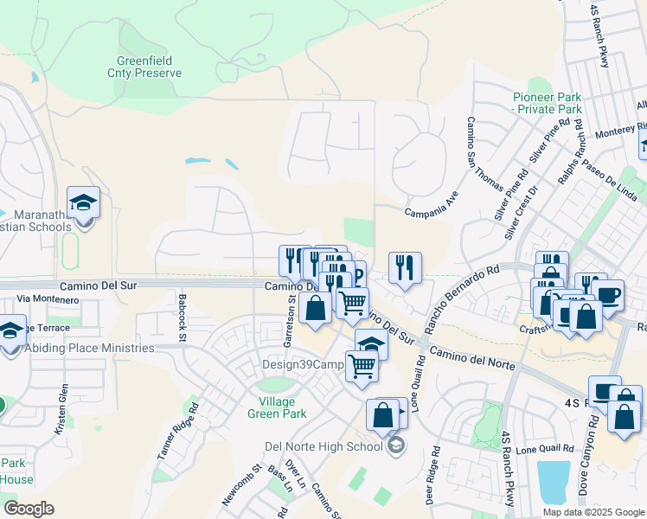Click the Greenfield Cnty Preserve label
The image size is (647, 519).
click(149, 67)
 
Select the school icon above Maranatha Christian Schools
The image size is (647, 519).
click(83, 203)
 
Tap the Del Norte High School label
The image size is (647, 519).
click(324, 447)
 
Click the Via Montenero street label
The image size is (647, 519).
click(48, 299)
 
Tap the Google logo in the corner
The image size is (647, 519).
click(29, 509)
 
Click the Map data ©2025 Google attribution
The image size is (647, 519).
click(593, 511)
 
